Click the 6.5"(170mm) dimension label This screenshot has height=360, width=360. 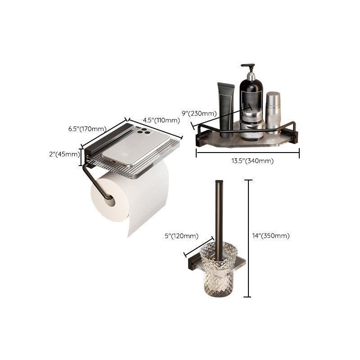click(87, 129)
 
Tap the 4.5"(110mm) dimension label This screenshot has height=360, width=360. click(161, 120)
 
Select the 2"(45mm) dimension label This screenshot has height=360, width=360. click(64, 154)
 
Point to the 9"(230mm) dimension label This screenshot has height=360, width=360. click(199, 113)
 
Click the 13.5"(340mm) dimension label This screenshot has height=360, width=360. click(252, 161)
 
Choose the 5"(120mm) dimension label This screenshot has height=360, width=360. click(181, 236)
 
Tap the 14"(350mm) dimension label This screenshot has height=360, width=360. click(271, 236)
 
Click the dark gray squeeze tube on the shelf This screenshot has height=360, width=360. click(226, 110)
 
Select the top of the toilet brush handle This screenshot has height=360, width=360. click(219, 182)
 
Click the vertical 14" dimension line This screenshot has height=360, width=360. click(248, 238)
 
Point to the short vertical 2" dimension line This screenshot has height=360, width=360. click(81, 157)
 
